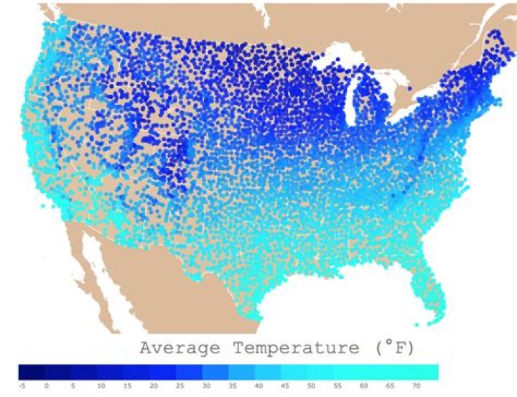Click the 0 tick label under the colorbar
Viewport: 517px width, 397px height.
click(x=47, y=386)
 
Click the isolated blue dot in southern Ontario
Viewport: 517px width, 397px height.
click(x=410, y=88)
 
